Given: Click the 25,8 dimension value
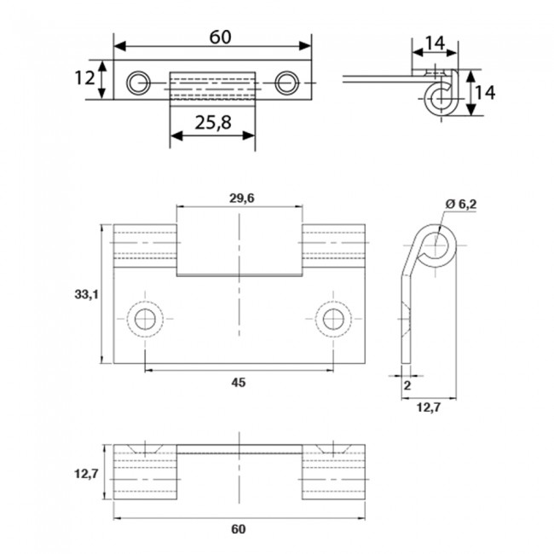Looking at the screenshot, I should click(213, 124).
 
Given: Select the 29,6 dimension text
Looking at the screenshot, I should click(241, 199).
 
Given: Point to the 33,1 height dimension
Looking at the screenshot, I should click(86, 294).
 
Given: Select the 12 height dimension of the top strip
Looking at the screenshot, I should click(84, 78).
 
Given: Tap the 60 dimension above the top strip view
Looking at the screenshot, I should click(218, 37).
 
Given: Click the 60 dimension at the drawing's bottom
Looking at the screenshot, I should click(238, 529).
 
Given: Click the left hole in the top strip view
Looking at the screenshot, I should click(138, 82).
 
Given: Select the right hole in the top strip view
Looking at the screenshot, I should click(286, 82).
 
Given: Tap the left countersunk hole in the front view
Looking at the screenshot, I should click(144, 320).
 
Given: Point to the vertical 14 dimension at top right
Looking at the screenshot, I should click(483, 92).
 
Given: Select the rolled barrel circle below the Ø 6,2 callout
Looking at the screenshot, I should click(436, 247).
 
